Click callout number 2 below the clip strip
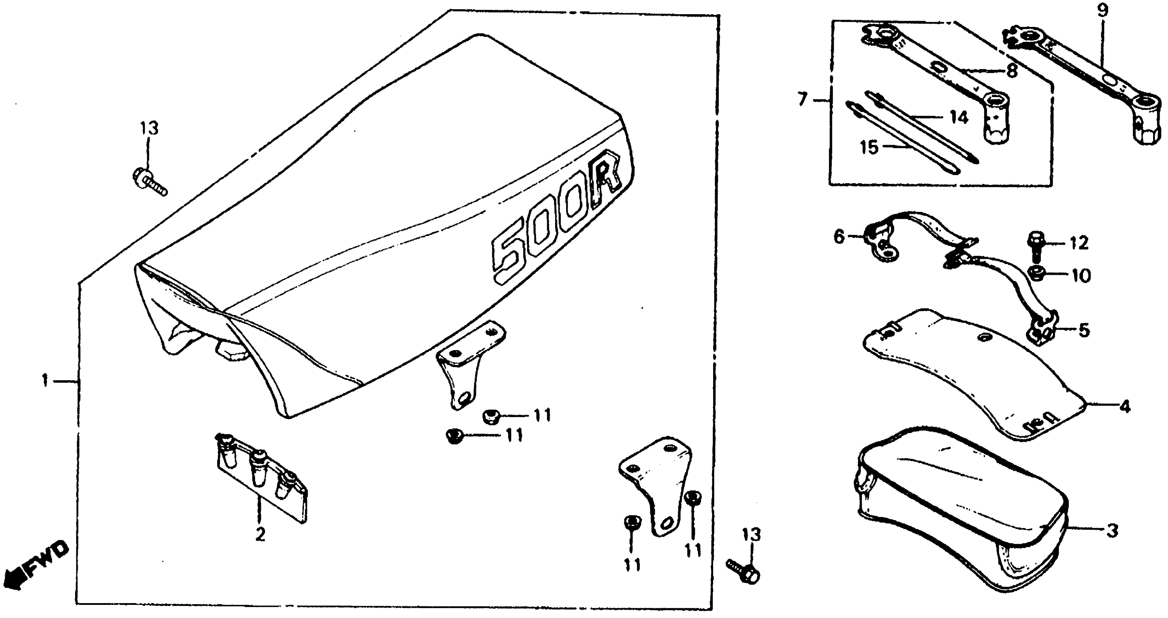tap(260, 534)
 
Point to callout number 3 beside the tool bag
tap(1111, 530)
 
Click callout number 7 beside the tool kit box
tap(803, 99)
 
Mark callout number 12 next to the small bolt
tap(1079, 243)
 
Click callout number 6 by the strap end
tap(839, 236)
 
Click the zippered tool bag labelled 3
tap(961, 508)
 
